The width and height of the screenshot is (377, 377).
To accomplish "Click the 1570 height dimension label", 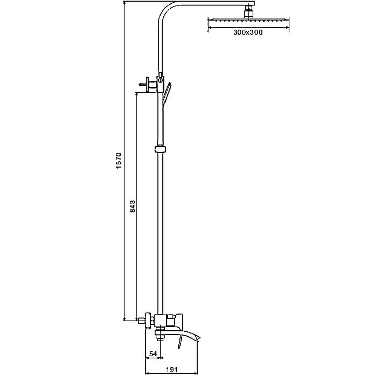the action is (x=119, y=160).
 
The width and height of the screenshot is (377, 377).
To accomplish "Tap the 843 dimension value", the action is (x=132, y=206).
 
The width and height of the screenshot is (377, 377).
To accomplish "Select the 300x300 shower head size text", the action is (x=248, y=32).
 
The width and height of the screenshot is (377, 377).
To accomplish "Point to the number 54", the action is (x=153, y=354).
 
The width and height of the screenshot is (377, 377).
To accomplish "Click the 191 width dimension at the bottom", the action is (x=172, y=369).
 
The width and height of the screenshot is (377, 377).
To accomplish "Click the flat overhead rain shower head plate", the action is (x=248, y=19).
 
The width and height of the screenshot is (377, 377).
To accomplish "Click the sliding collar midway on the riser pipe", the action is (x=160, y=149).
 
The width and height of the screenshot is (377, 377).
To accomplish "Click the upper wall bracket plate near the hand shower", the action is (x=147, y=84).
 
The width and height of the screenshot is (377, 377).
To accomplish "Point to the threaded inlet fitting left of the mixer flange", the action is (x=141, y=321).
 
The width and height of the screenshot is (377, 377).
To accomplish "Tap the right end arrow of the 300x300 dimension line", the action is (x=288, y=28).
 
